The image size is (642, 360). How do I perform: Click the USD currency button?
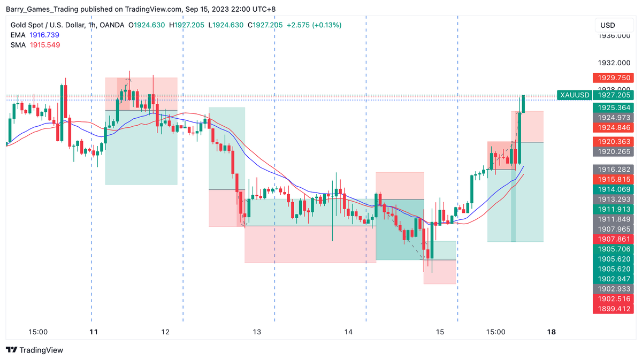coord(608,25)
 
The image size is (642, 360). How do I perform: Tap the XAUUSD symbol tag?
coord(574,95)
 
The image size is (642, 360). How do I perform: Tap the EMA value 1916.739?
coord(45,35)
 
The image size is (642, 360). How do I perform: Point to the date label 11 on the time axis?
coord(94,332)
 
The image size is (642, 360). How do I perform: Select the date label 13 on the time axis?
coord(257,332)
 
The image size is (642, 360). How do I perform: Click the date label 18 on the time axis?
coord(552,332)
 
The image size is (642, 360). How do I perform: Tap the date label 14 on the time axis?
coord(348,332)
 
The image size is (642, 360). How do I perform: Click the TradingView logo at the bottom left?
coord(34,350)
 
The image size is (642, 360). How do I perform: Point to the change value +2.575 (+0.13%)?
coord(314,25)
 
